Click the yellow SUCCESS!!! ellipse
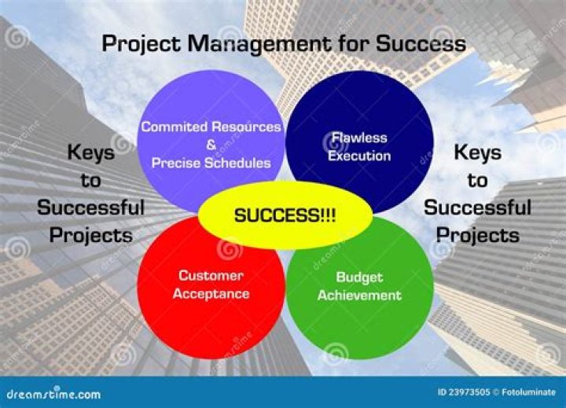[x=284, y=215]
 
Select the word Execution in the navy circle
[x=358, y=155]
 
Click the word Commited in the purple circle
[x=173, y=126]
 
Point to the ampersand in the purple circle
[x=211, y=145]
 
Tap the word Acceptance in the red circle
[x=211, y=295]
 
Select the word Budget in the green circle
[x=359, y=278]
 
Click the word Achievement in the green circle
[x=359, y=296]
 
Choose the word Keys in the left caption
[x=90, y=153]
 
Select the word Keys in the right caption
[x=477, y=153]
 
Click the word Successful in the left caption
[x=90, y=208]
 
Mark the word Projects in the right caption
[x=477, y=235]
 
